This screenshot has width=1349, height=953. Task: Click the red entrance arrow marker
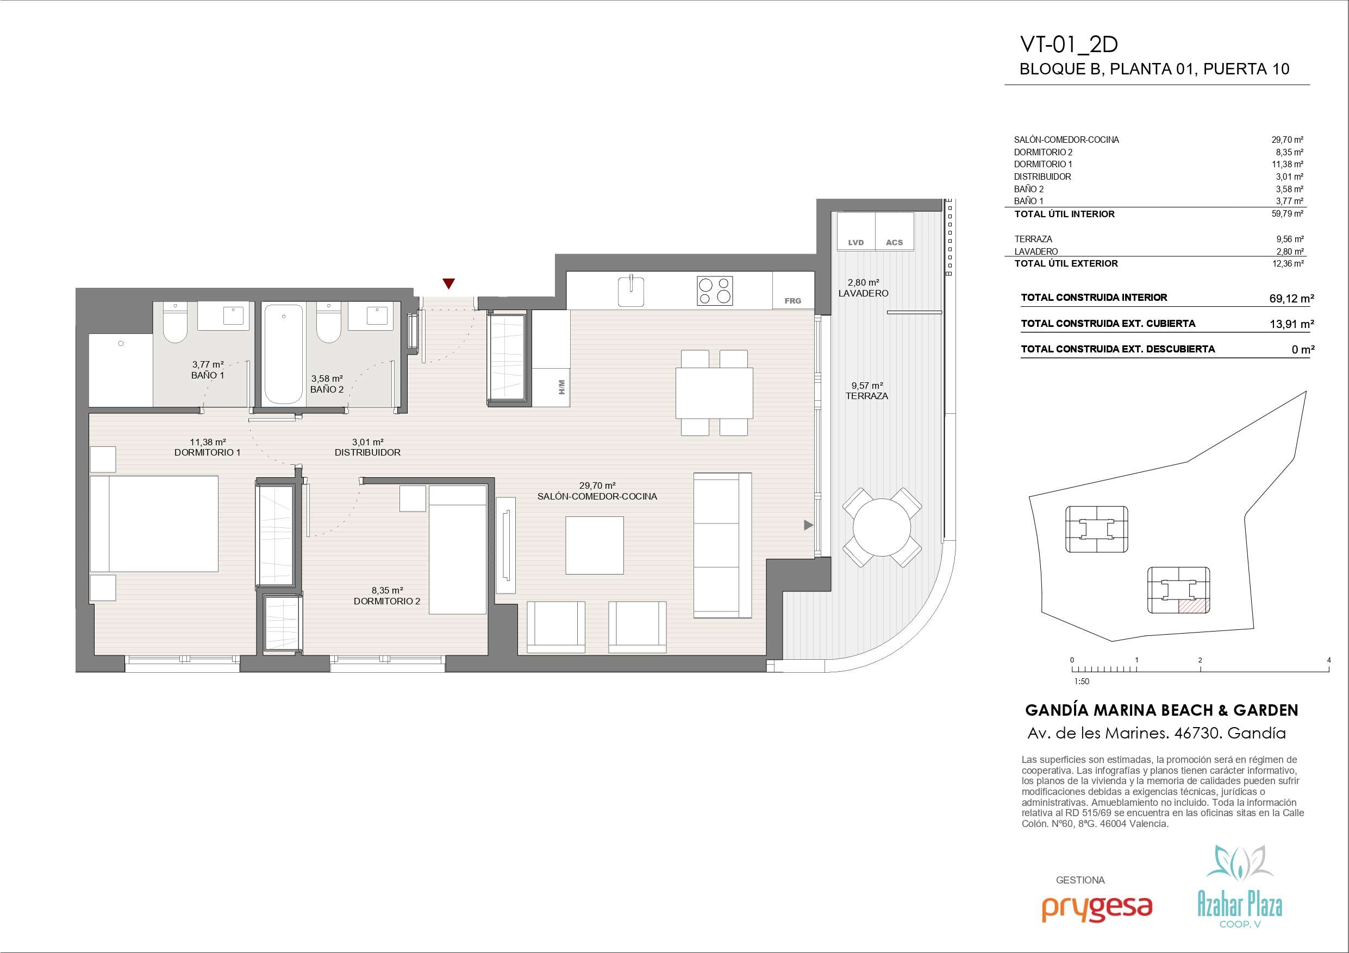coord(449,283)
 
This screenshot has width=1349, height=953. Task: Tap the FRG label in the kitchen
coord(792,301)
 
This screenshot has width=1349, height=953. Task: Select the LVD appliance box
coord(856,231)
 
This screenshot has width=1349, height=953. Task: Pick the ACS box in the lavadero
coord(894,231)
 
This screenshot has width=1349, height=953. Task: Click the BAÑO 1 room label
coord(208,375)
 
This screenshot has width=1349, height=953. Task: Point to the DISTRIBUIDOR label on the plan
coord(368,453)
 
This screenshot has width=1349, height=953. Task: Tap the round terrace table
coord(882,527)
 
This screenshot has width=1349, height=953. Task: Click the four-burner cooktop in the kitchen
coord(715,291)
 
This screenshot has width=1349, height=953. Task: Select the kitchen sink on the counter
coord(632,291)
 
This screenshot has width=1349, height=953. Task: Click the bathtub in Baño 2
coord(284,354)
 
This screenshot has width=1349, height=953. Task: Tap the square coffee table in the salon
coord(595,545)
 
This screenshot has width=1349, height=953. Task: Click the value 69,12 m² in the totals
coord(1291,298)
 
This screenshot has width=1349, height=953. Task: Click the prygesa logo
coord(1097,923)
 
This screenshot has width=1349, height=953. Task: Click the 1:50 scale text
coord(1081,681)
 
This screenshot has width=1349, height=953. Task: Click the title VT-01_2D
coord(1069,45)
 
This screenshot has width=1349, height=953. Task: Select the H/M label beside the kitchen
coord(561,387)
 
